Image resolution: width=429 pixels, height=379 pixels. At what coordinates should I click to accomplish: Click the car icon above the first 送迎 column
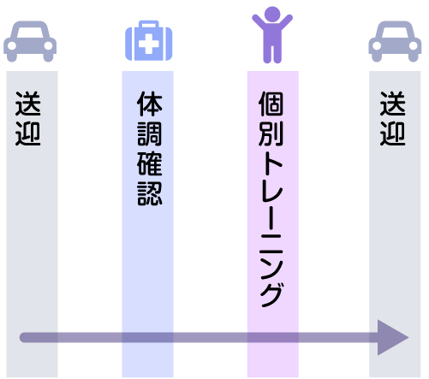[x=30, y=41]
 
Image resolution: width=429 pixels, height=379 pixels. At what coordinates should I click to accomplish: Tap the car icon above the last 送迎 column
[x=395, y=41]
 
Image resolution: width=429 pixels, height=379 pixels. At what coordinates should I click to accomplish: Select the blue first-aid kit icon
[x=149, y=40]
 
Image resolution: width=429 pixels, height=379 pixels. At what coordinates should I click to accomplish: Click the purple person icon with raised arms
[x=272, y=34]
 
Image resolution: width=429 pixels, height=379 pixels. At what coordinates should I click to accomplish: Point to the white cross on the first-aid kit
[x=149, y=44]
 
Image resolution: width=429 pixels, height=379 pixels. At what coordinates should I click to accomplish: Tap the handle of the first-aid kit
[x=149, y=24]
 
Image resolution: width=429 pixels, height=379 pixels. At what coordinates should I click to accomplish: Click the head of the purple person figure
[x=272, y=14]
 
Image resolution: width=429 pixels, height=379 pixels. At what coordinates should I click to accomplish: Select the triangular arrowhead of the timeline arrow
[x=392, y=338]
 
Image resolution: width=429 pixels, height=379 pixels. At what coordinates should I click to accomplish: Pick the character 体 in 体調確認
[x=150, y=104]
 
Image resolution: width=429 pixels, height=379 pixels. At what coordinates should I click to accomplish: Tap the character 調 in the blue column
[x=150, y=133]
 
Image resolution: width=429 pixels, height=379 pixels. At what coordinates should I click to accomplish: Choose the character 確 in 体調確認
[x=150, y=163]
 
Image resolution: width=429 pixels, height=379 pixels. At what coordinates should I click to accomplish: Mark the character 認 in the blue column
[x=150, y=193]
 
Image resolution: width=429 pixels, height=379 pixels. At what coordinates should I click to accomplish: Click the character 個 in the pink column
[x=271, y=104]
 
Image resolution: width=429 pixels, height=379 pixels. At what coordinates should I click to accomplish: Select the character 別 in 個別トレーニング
[x=271, y=133]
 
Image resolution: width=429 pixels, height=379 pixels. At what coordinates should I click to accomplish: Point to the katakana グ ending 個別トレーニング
[x=271, y=294]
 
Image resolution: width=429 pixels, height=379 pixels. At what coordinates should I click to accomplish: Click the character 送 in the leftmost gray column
[x=27, y=104]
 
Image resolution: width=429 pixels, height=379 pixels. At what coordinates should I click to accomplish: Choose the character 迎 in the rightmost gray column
[x=392, y=133]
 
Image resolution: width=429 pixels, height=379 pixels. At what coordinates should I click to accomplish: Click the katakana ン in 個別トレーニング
[x=271, y=264]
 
